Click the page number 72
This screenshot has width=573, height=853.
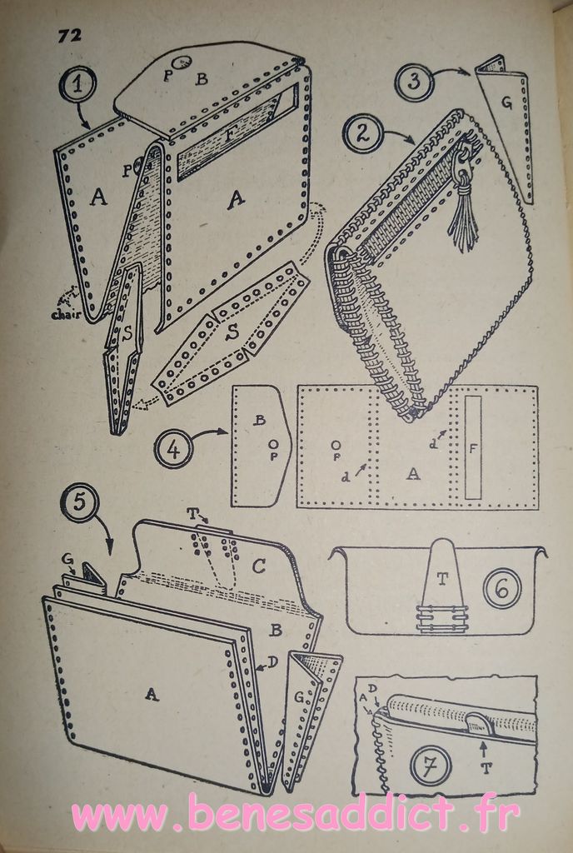point(70,35)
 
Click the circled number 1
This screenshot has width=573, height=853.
point(77,85)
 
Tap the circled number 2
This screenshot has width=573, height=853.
point(361,133)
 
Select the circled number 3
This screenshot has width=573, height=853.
point(414,82)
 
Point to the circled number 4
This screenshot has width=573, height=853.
point(173,449)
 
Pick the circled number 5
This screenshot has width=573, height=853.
point(79,502)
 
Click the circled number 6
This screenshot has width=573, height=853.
point(503,589)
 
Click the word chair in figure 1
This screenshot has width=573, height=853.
point(67,314)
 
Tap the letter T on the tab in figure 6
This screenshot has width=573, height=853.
point(441,580)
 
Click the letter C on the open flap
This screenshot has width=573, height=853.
point(259,566)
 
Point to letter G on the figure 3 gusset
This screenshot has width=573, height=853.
point(506,102)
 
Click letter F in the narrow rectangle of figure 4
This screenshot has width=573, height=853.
point(473,449)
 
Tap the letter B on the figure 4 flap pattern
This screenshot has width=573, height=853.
point(261,421)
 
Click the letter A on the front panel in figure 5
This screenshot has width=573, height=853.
point(152,694)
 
